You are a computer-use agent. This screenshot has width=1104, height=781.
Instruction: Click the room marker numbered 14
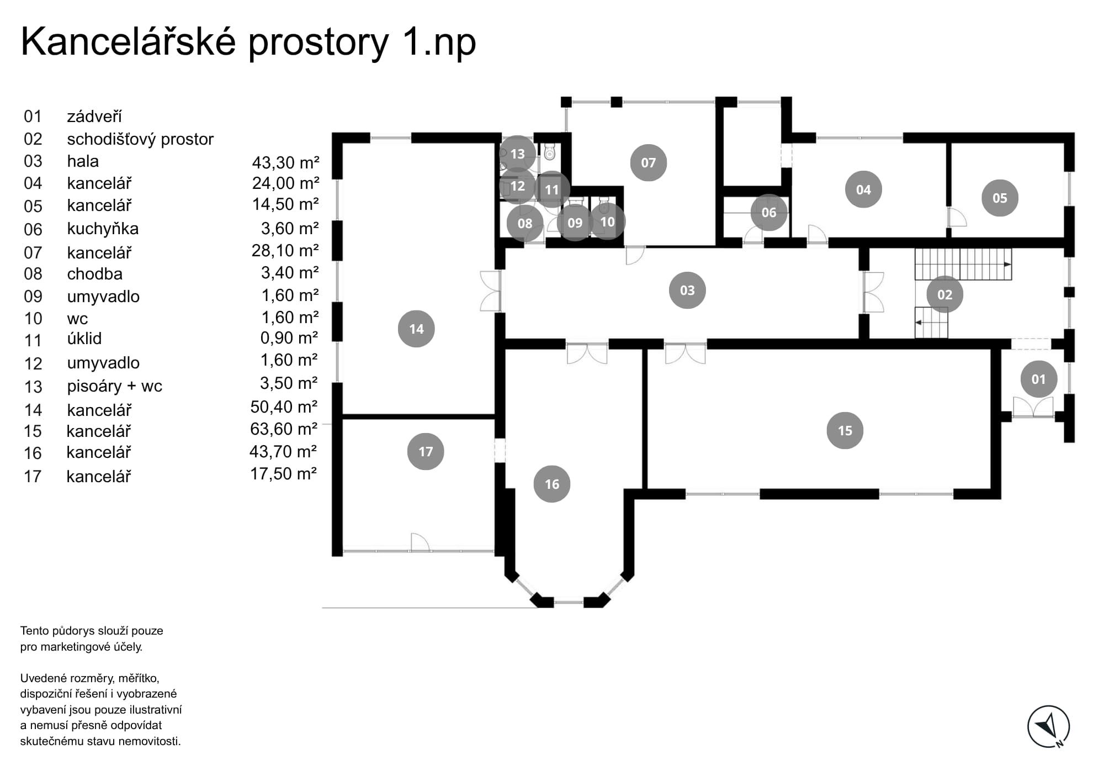pos(416,329)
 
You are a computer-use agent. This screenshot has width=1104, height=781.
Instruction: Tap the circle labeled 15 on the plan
pos(845,430)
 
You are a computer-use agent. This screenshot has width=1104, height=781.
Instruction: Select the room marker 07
pos(648,162)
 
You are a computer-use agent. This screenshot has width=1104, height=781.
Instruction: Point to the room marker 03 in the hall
pos(687,290)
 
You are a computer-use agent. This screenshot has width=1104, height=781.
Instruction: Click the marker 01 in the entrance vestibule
pos(1038,379)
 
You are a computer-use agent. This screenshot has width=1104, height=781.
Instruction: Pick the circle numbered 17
pos(425,451)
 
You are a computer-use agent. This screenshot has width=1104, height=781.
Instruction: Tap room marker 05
pos(1000,198)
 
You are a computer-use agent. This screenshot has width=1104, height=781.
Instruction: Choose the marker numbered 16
pos(551,484)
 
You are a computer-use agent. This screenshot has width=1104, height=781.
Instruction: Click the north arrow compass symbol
pos(1048,727)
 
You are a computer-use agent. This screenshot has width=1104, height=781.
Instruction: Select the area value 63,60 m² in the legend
pos(284,429)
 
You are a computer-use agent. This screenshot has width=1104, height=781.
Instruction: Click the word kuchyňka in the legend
pos(103,229)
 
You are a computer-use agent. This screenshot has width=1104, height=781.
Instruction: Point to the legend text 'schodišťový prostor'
pos(140,139)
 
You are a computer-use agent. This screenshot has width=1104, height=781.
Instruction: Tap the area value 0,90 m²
pos(289,337)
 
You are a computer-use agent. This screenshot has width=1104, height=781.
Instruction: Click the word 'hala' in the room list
pos(83,161)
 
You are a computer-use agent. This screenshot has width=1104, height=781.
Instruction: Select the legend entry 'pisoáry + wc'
pos(114,386)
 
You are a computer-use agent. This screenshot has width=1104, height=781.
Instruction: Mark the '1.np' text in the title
pos(439,43)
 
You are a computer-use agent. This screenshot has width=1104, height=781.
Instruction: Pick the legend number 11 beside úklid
pos(33,340)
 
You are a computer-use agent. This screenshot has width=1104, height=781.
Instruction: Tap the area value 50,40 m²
pos(284,407)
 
